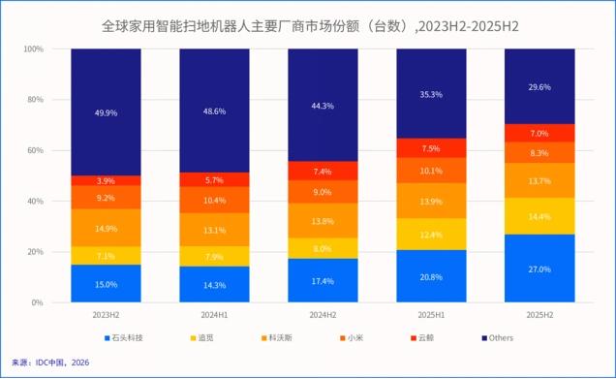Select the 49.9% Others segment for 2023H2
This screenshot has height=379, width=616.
106,111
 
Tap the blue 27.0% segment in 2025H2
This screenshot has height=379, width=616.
540,268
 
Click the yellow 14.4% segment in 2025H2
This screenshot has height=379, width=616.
540,216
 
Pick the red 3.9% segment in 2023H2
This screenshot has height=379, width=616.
106,180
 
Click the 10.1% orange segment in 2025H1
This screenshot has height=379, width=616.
432,171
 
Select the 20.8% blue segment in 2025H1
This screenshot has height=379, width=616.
432,276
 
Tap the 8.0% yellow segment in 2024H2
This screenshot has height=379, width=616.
323,248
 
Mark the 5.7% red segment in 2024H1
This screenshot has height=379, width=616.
214,179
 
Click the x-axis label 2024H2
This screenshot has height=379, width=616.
323,315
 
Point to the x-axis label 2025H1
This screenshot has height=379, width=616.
432,315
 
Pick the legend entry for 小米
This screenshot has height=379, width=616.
355,338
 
